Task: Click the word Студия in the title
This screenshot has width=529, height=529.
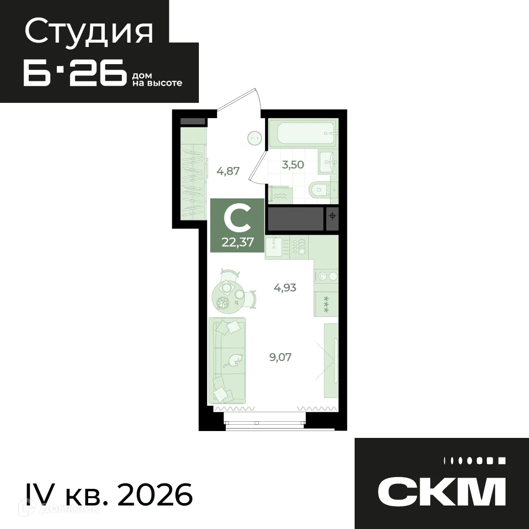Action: [89, 32]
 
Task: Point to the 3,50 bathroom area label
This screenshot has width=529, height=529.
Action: [293, 165]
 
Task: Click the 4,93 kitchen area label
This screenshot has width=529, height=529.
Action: [285, 288]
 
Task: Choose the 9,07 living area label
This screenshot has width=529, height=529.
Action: [281, 357]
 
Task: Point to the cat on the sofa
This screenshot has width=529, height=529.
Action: [233, 361]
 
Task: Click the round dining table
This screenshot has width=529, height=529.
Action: [227, 296]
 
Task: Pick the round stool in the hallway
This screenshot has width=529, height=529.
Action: [254, 138]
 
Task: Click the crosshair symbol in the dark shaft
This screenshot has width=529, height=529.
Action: [333, 216]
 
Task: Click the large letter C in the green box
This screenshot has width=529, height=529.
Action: [237, 219]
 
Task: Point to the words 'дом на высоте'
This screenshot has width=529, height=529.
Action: [157, 80]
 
